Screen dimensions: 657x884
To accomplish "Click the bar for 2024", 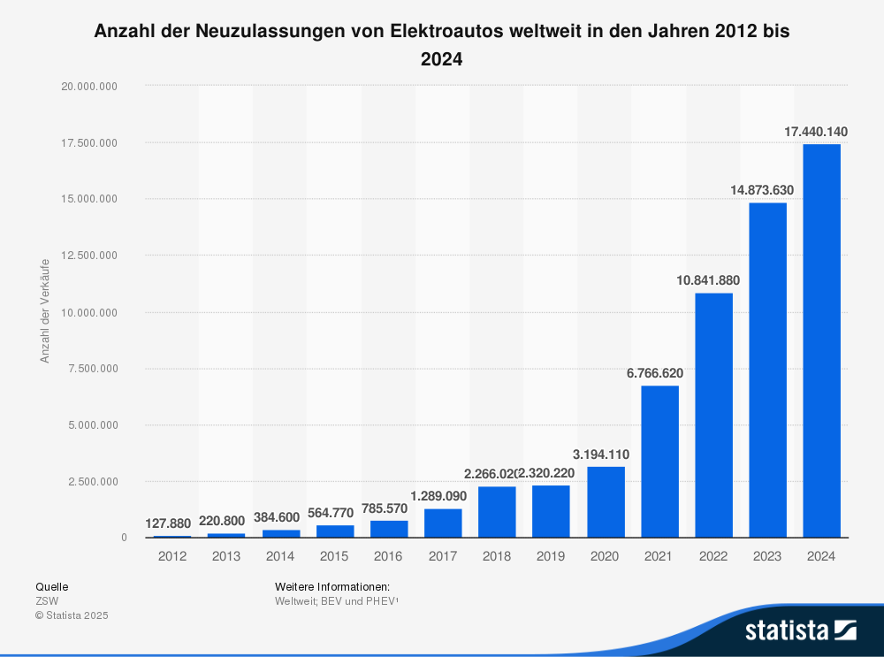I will pyautogui.click(x=821, y=340).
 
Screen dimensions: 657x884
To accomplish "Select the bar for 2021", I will pyautogui.click(x=659, y=462).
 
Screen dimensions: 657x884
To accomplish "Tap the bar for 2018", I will pyautogui.click(x=497, y=512).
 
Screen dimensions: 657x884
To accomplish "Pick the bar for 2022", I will pyautogui.click(x=713, y=415).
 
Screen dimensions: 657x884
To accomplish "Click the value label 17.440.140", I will pyautogui.click(x=816, y=132).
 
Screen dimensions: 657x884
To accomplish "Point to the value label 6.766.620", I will pyautogui.click(x=655, y=373).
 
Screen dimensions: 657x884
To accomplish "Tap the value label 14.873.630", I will pyautogui.click(x=762, y=190).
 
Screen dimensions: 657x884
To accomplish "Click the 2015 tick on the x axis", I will pyautogui.click(x=334, y=556).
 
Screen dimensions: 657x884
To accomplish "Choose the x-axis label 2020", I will pyautogui.click(x=605, y=556).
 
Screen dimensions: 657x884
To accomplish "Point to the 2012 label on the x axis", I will pyautogui.click(x=172, y=556).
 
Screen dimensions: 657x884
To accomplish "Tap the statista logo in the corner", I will pyautogui.click(x=800, y=630).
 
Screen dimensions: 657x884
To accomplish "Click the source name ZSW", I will pyautogui.click(x=47, y=600).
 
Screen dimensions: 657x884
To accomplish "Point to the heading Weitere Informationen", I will pyautogui.click(x=332, y=586).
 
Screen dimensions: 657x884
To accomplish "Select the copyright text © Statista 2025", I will pyautogui.click(x=72, y=615).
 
